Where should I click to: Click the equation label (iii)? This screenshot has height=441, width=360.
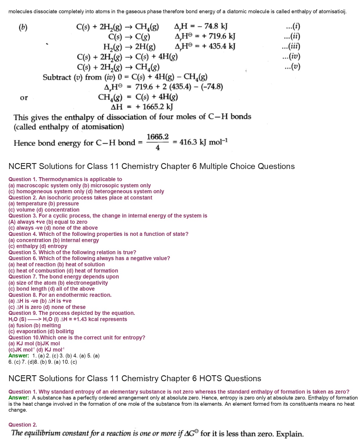pos(291,47)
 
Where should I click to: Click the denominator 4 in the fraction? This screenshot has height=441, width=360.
pos(158,148)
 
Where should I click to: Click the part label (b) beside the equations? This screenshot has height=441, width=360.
pos(23,27)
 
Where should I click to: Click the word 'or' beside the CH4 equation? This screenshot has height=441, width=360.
pos(24,98)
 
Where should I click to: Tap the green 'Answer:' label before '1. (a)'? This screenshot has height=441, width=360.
pos(19,356)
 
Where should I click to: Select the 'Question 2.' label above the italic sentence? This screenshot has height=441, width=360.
pos(23,425)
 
